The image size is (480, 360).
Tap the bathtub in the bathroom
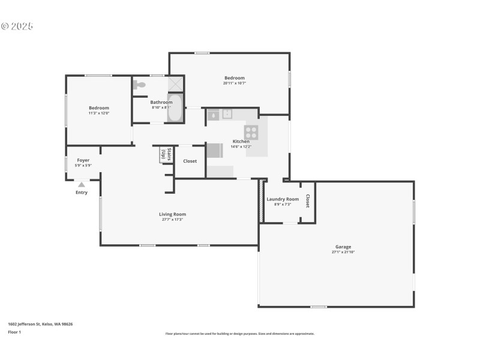coord(175,108)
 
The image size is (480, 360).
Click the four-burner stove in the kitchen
coord(251,133)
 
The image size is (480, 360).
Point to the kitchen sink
coord(227,114)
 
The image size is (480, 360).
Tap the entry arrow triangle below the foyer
coord(82,185)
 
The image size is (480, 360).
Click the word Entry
coord(82,193)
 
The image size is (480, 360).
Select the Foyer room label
coord(83,160)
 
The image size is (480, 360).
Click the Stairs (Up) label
coord(164,155)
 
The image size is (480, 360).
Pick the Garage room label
coord(343,247)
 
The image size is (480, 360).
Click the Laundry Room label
coord(283,199)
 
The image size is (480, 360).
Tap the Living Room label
coord(172,214)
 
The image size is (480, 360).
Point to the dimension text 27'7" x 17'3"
coord(172,220)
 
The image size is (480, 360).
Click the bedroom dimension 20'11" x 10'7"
coord(235,83)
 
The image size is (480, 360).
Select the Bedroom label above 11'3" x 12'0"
coord(99,108)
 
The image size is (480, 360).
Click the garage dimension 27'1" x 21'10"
coord(343,252)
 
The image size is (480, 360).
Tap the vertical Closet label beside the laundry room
coord(308,201)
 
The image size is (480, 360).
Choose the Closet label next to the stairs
coord(190,161)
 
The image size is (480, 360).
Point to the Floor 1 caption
coord(14,332)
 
